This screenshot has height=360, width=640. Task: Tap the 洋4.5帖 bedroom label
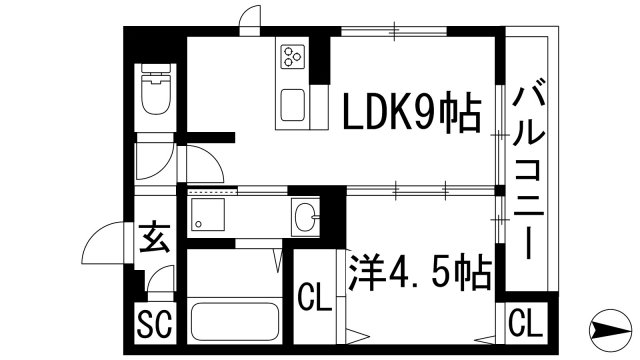420,269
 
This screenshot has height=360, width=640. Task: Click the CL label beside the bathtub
314,297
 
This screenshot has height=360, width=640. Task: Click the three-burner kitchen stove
293,57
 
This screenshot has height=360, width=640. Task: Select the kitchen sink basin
293,103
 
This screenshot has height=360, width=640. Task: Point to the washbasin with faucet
306,215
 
